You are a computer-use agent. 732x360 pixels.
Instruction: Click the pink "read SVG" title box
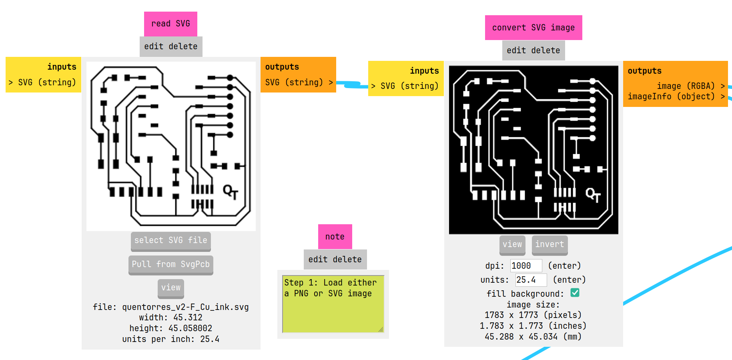click(170, 24)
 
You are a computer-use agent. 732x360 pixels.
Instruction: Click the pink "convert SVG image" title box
click(533, 28)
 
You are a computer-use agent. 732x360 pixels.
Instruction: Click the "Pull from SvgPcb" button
click(170, 264)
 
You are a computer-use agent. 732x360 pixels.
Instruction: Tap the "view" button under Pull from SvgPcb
click(170, 288)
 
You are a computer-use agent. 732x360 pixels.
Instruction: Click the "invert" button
click(549, 244)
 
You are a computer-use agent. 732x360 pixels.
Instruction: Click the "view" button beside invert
click(512, 244)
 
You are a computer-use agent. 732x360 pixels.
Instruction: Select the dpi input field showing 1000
click(525, 266)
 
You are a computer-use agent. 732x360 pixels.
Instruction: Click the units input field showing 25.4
click(530, 280)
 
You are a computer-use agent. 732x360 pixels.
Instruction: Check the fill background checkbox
click(575, 293)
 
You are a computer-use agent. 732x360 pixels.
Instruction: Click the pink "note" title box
click(335, 237)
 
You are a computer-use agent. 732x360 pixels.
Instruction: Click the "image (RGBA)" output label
click(686, 86)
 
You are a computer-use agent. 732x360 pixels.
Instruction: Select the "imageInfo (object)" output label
click(671, 97)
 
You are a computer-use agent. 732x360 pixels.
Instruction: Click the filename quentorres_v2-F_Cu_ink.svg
click(185, 307)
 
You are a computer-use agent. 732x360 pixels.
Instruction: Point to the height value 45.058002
click(190, 328)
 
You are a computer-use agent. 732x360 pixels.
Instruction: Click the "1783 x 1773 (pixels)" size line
click(533, 315)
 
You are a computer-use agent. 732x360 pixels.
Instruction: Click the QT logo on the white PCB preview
click(230, 192)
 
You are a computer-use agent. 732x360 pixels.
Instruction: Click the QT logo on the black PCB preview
click(593, 195)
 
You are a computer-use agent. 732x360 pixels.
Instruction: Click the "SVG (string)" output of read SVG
click(294, 82)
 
